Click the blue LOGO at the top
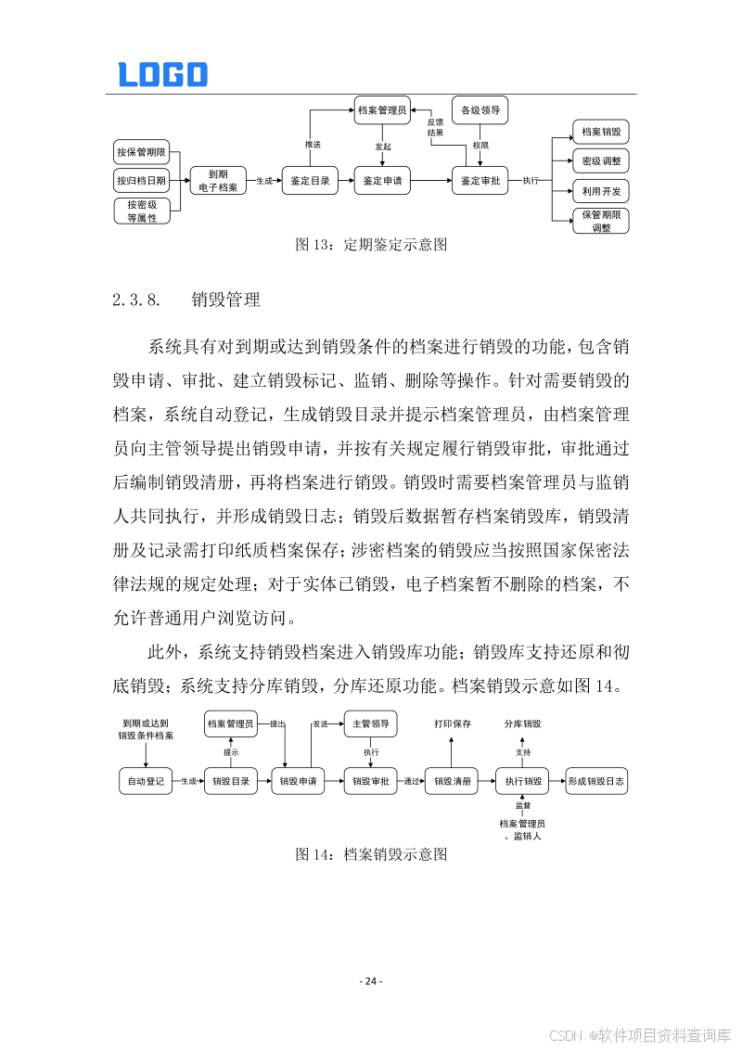click(162, 75)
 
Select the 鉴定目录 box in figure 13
click(310, 181)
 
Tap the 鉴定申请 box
click(382, 181)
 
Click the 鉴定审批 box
click(480, 181)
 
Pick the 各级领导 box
click(480, 110)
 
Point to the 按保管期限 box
click(141, 152)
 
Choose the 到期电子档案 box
click(217, 181)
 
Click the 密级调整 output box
click(601, 161)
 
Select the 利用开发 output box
click(601, 191)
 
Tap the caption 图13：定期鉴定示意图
click(371, 245)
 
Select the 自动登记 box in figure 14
click(146, 781)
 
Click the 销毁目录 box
click(231, 781)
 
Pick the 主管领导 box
click(371, 723)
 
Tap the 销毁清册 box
click(453, 781)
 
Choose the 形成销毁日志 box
click(596, 781)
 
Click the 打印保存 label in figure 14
click(453, 723)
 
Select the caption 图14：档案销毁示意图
click(371, 854)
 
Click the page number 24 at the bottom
click(371, 981)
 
